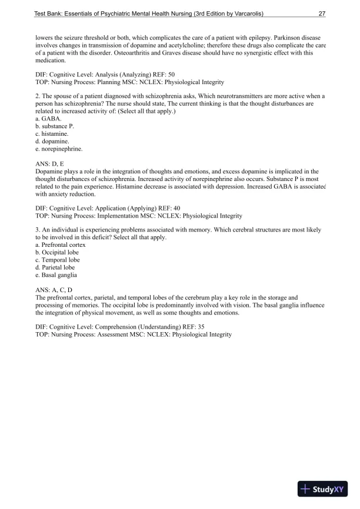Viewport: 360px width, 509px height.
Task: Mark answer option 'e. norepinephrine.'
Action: pos(59,149)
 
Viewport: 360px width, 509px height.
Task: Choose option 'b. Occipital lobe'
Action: pos(57,252)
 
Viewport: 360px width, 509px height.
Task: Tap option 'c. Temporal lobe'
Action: pos(57,260)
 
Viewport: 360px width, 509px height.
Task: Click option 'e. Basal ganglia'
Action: pos(56,275)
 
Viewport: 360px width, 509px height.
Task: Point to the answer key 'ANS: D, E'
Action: pos(51,164)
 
